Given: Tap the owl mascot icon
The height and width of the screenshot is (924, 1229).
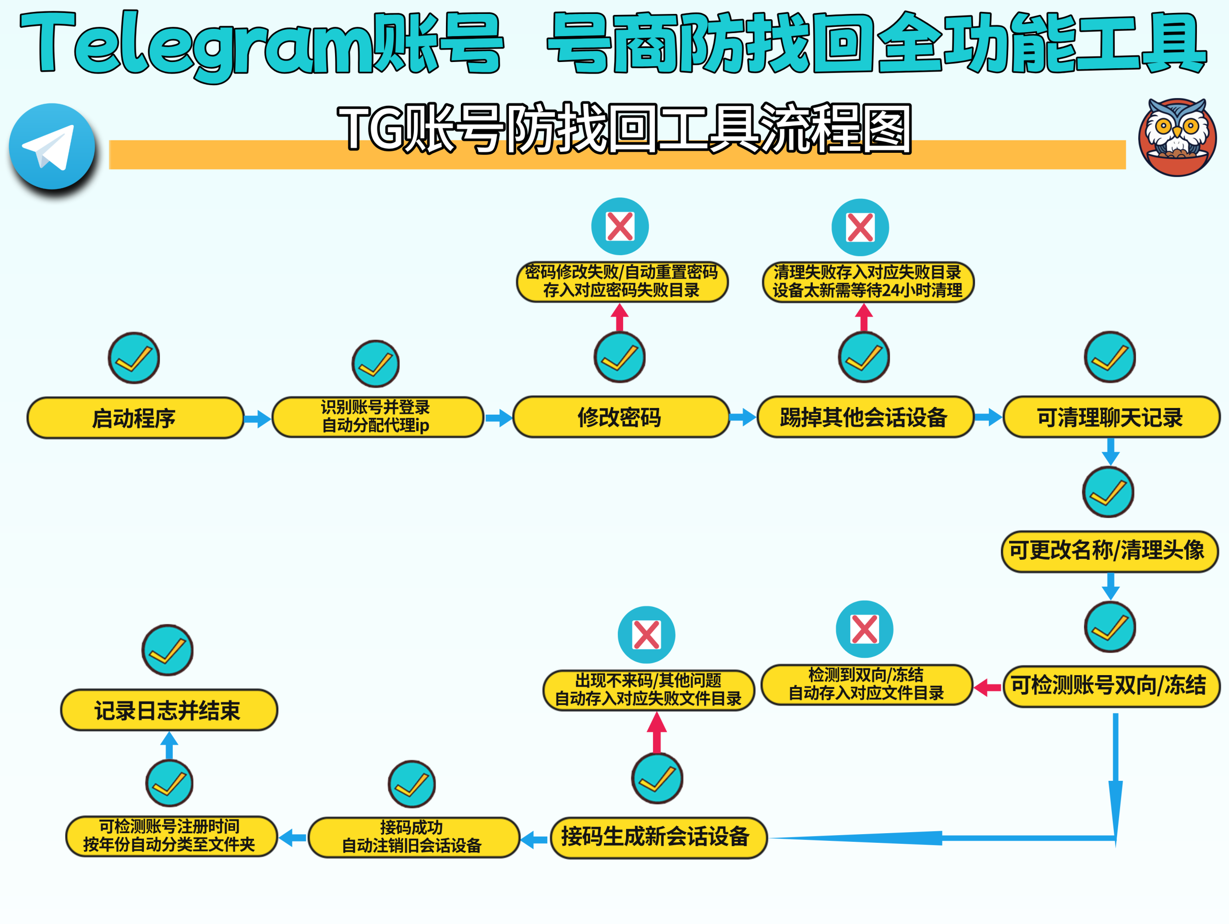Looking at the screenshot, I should click(x=1177, y=137).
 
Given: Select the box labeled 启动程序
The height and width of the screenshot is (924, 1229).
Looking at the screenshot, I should click(x=135, y=418).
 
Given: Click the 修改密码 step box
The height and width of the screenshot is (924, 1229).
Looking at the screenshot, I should click(x=621, y=417).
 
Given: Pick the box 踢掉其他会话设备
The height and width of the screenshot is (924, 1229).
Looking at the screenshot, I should click(x=865, y=417).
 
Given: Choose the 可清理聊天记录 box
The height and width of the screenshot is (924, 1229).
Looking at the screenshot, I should click(x=1110, y=417).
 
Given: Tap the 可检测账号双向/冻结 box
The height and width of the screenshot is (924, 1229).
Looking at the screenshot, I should click(x=1110, y=686).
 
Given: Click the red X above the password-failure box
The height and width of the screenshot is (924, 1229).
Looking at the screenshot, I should click(x=619, y=226).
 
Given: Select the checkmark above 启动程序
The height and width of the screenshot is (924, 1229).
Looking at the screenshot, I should click(x=134, y=358).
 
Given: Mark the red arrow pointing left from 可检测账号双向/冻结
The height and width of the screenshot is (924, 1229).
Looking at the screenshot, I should click(x=988, y=687).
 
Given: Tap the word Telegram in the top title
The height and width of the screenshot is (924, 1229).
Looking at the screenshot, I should click(x=194, y=45).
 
